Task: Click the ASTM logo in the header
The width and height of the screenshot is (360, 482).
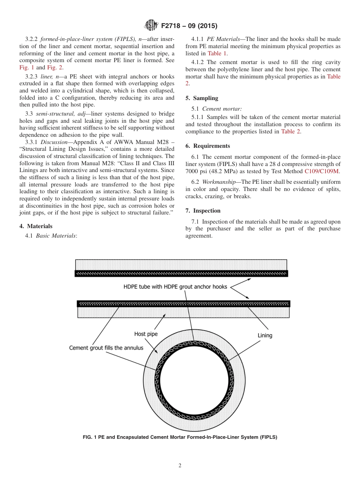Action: click(151, 26)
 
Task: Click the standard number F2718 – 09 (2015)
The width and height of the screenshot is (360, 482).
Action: click(189, 26)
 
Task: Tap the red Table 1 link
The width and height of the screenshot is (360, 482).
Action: click(217, 53)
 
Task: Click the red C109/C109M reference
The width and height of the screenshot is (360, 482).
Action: click(322, 171)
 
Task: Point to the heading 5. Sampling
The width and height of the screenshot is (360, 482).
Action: click(202, 98)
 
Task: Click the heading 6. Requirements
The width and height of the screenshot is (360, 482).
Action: click(208, 146)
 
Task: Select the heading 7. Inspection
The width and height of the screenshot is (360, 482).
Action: click(203, 211)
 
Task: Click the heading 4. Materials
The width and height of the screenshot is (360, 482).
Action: click(36, 226)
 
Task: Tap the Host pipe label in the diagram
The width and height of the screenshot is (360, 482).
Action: click(146, 334)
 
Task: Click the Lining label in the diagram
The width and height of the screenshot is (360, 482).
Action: click(265, 335)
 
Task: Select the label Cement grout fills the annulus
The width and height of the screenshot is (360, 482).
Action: click(106, 347)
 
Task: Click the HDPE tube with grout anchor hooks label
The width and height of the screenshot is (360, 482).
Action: click(175, 287)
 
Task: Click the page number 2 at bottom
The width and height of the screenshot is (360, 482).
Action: click(180, 466)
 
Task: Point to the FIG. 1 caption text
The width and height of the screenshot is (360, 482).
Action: click(180, 437)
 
